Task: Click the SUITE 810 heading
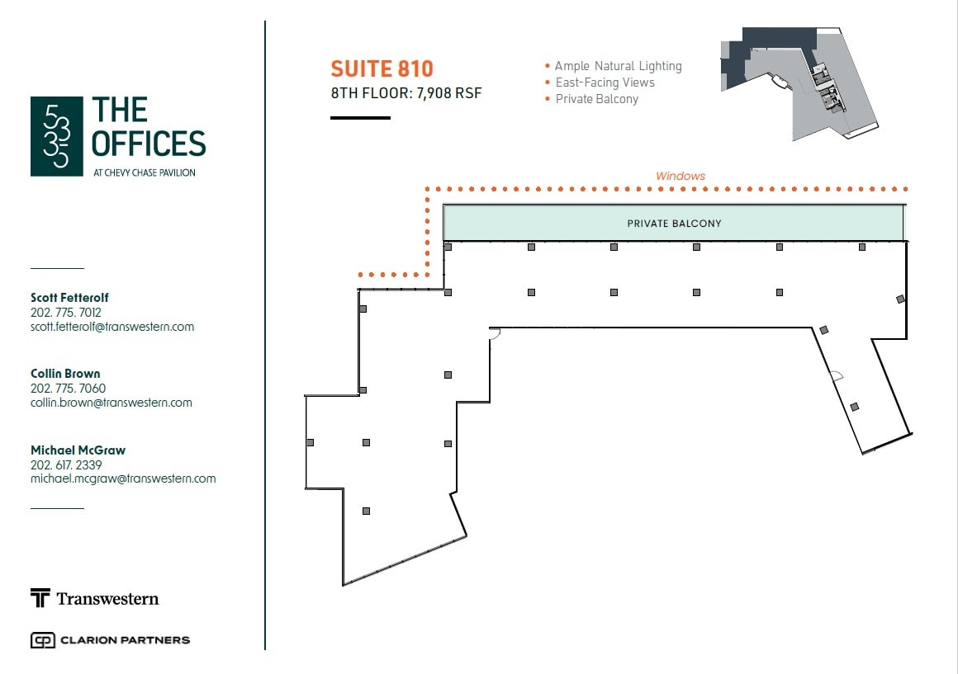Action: tap(382, 69)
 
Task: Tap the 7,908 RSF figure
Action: tap(449, 92)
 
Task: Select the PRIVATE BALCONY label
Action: tap(674, 224)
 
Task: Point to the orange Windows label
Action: tap(681, 176)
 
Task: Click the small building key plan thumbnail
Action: tap(799, 83)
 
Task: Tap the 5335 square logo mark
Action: tap(57, 136)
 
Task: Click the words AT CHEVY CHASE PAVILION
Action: tap(145, 172)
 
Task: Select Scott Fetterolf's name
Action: tap(69, 297)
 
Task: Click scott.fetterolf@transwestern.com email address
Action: tap(112, 327)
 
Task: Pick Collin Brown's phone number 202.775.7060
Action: tap(68, 389)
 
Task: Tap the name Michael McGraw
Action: tap(78, 450)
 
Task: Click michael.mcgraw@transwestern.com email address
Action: tap(123, 478)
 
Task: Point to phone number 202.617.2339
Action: tap(66, 464)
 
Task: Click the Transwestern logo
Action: tap(95, 598)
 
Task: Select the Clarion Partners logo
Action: tap(110, 640)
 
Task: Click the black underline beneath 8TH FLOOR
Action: tap(360, 118)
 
